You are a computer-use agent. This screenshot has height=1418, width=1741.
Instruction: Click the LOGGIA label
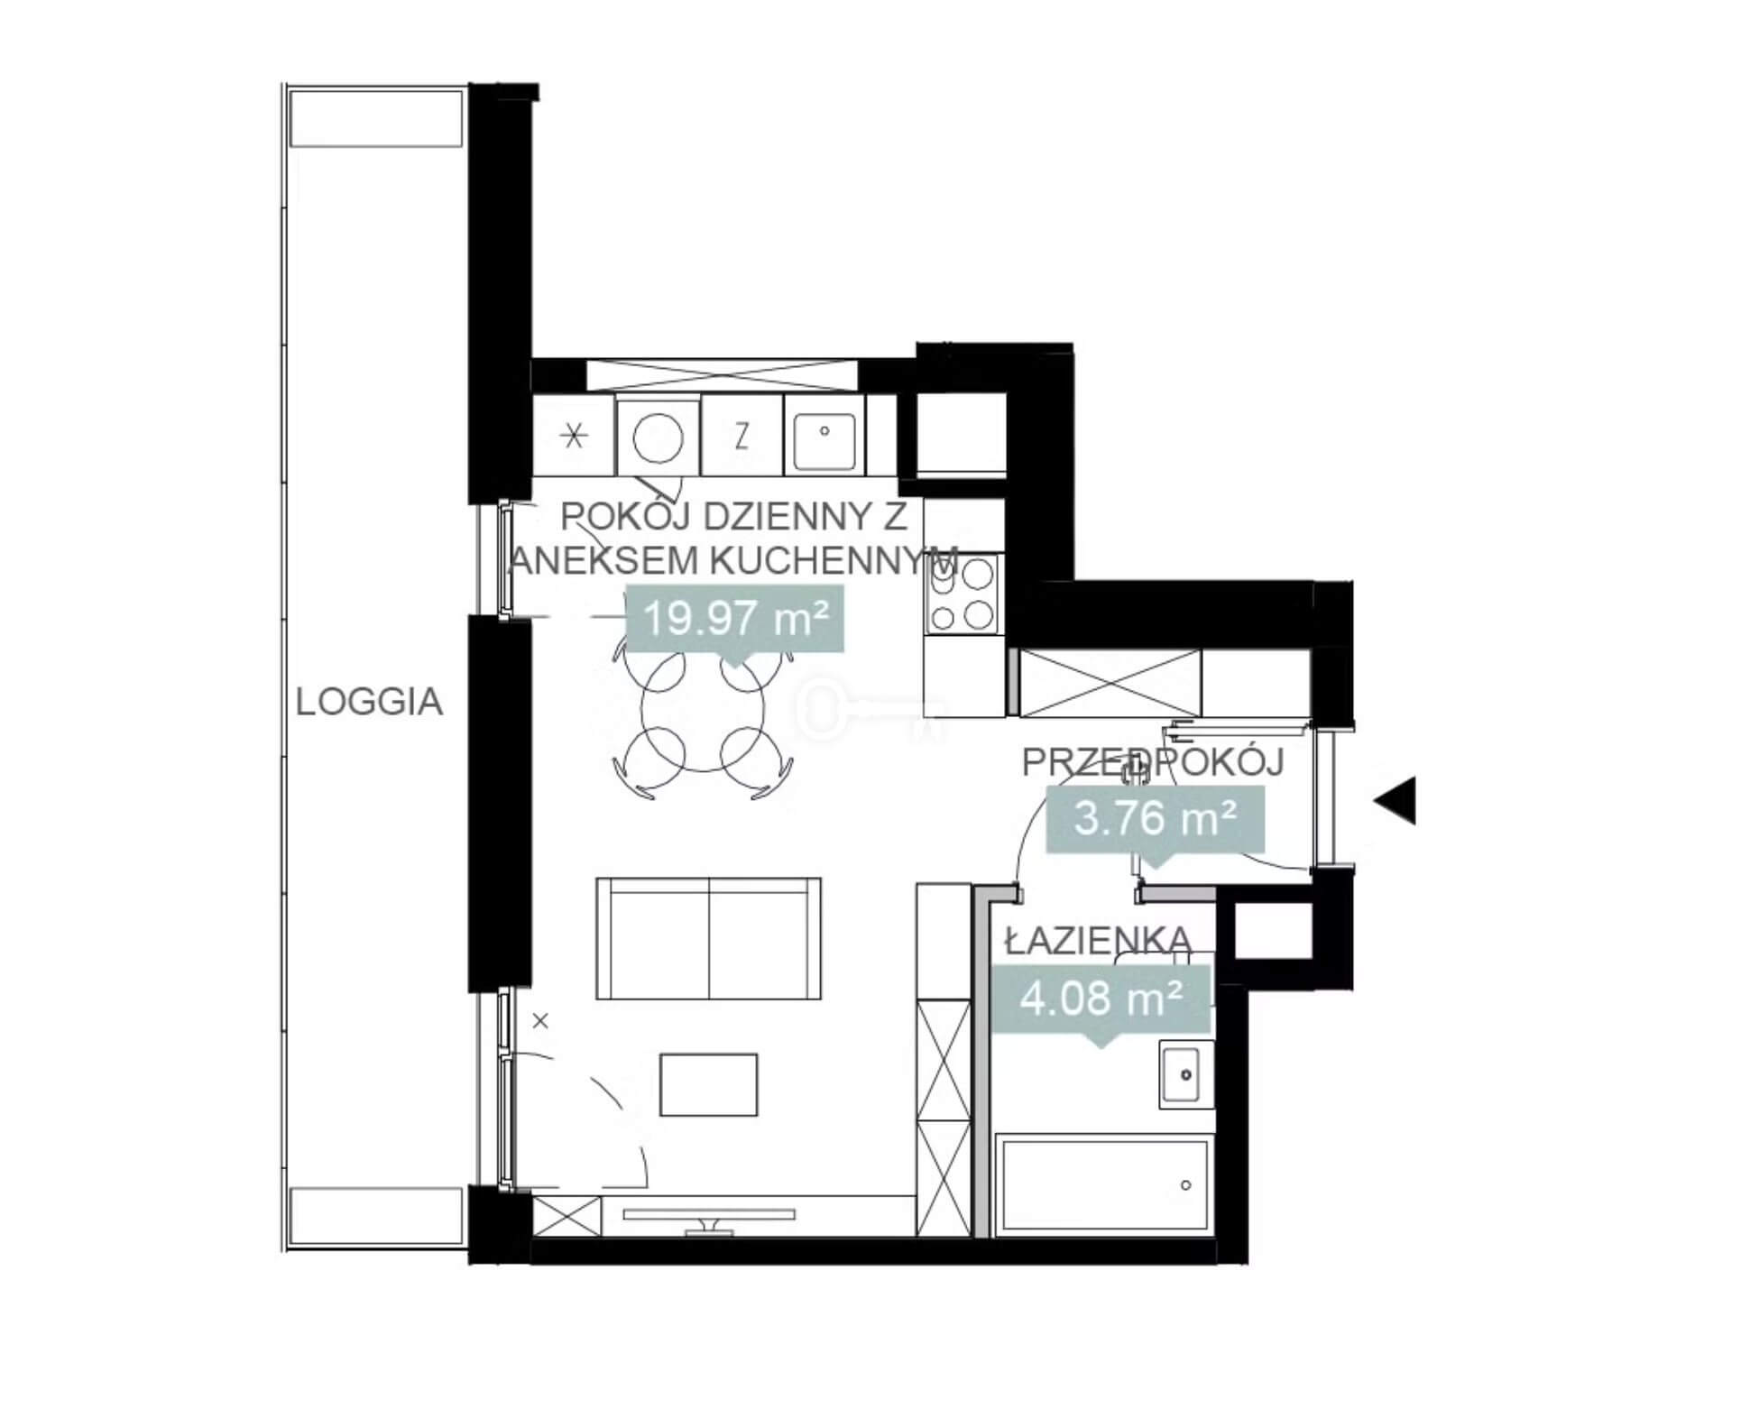(370, 702)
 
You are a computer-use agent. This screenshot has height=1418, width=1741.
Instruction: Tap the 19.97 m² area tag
(735, 619)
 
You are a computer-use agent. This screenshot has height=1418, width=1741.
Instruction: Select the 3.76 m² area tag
(1155, 820)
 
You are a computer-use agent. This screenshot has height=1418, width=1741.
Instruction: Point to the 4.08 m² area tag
(1101, 999)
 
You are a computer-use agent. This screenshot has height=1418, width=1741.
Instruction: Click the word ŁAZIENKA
(1099, 942)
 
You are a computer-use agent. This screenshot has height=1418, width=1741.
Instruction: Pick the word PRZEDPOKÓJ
(1153, 763)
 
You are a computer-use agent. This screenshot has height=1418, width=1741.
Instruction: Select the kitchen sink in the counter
(824, 437)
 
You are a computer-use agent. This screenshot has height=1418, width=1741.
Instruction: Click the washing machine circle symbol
(658, 437)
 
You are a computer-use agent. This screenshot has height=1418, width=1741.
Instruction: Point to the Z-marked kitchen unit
(742, 437)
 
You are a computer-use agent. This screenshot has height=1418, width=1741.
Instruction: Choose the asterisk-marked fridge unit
(575, 437)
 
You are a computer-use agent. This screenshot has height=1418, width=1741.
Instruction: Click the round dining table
(703, 709)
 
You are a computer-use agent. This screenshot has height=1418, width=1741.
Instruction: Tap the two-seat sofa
(709, 938)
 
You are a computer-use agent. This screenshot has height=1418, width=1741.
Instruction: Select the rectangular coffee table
(709, 1084)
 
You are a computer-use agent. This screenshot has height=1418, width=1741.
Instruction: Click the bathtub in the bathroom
(1103, 1184)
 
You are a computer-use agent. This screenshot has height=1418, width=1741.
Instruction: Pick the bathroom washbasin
(1186, 1073)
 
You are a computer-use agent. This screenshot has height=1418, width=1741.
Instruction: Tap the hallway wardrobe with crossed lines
(1110, 683)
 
